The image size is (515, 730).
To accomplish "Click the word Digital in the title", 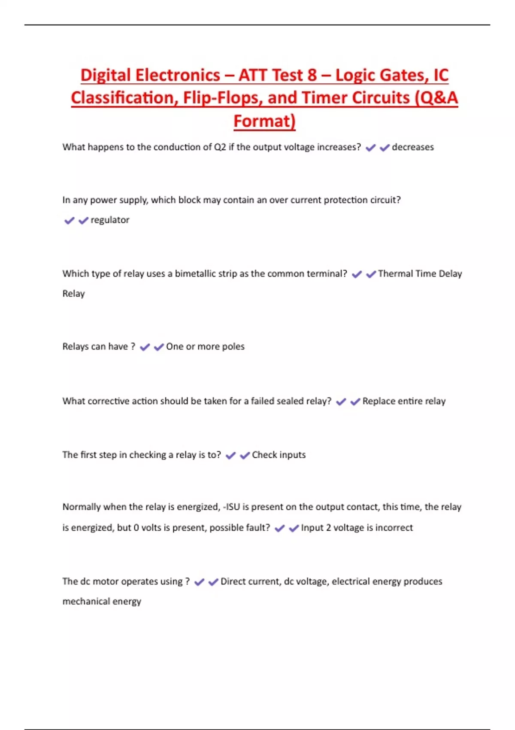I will coord(106,75).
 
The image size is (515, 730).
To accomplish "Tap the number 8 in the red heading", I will coord(312,75).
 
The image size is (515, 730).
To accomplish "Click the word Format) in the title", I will coord(264,121).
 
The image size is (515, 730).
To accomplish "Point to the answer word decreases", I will coord(412,147).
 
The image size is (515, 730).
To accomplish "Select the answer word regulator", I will coord(110,220).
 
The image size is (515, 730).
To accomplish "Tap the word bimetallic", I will coord(206,274).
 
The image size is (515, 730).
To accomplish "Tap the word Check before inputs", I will coord(264,455).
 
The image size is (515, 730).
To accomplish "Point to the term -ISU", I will coord(231,507).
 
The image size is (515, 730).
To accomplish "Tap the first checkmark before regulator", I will coord(69,220).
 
